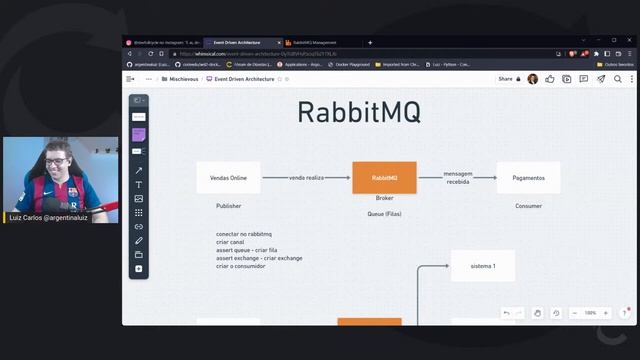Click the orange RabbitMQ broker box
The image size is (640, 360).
(x=384, y=177)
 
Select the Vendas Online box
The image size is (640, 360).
(x=228, y=177)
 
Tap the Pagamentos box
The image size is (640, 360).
(x=528, y=177)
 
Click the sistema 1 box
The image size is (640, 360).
(x=482, y=266)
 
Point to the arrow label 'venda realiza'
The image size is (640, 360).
(x=307, y=177)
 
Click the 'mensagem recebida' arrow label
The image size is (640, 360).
(x=458, y=177)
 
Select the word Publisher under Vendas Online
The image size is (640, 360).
(x=228, y=206)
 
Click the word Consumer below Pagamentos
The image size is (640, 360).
(x=528, y=206)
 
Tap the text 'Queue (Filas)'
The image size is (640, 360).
(x=384, y=214)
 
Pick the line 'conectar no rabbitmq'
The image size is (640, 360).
(x=244, y=234)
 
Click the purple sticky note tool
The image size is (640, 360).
(x=139, y=134)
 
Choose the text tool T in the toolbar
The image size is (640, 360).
(x=139, y=185)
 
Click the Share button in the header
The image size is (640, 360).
(x=505, y=78)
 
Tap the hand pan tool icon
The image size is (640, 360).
(x=538, y=313)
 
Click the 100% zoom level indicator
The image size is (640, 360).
(x=590, y=313)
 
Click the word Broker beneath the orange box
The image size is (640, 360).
(x=384, y=198)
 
